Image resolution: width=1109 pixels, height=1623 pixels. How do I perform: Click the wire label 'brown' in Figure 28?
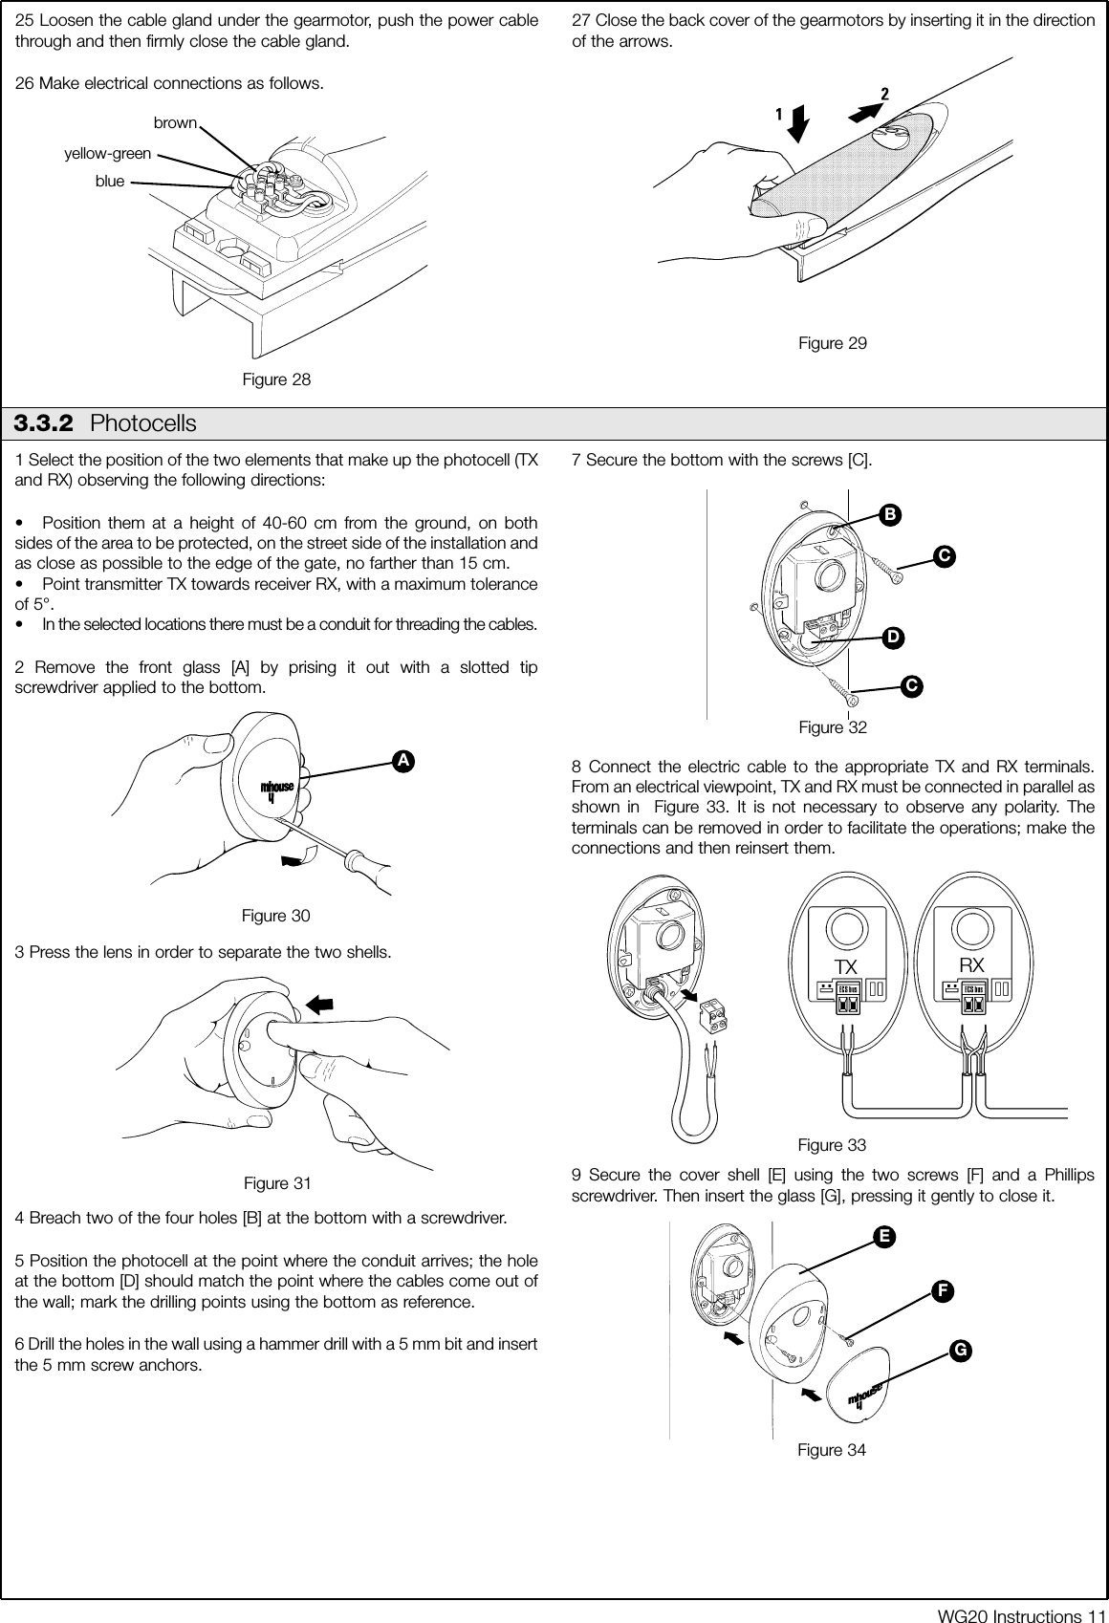click(x=175, y=123)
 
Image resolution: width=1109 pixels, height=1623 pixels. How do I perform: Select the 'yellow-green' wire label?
click(x=107, y=153)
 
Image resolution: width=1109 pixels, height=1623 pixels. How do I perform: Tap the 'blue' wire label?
click(x=110, y=180)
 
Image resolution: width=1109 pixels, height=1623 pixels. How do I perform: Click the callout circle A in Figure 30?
click(x=405, y=760)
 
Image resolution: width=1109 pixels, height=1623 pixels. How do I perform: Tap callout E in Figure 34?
click(x=886, y=1236)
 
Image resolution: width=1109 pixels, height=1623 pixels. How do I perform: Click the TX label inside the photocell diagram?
click(x=844, y=965)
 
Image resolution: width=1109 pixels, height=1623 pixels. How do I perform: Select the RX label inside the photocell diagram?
click(x=971, y=963)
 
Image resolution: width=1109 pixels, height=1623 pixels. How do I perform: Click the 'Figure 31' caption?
click(x=277, y=1183)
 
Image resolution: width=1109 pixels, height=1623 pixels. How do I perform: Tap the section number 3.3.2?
click(x=47, y=422)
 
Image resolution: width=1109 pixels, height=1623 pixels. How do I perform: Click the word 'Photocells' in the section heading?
click(x=142, y=422)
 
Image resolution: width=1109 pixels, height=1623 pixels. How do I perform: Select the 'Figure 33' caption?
click(x=832, y=1145)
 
